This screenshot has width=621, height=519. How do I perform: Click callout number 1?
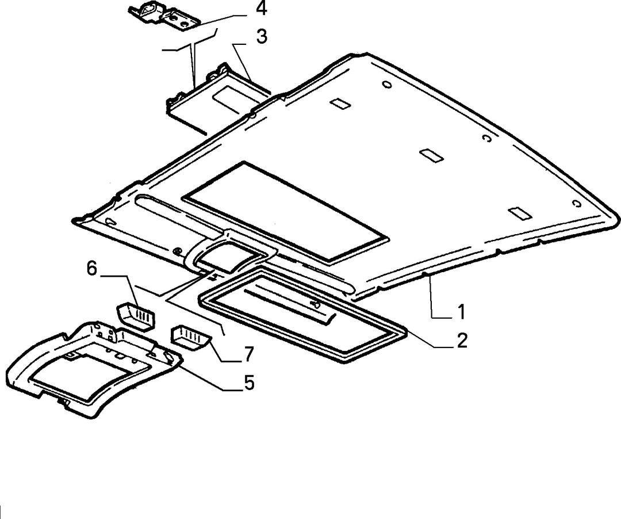pyautogui.click(x=461, y=312)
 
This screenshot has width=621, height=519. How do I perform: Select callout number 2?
pyautogui.click(x=462, y=341)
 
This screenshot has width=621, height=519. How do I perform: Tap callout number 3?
pyautogui.click(x=262, y=36)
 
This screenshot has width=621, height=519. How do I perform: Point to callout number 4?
pyautogui.click(x=261, y=9)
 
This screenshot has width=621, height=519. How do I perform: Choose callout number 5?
pyautogui.click(x=249, y=383)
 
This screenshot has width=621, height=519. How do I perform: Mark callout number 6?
pyautogui.click(x=91, y=269)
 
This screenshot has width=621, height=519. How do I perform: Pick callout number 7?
pyautogui.click(x=248, y=354)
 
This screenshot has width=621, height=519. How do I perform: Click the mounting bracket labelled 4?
pyautogui.click(x=163, y=17)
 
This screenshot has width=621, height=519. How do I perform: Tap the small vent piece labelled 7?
pyautogui.click(x=190, y=337)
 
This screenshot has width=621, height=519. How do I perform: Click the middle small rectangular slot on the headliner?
pyautogui.click(x=431, y=155)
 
